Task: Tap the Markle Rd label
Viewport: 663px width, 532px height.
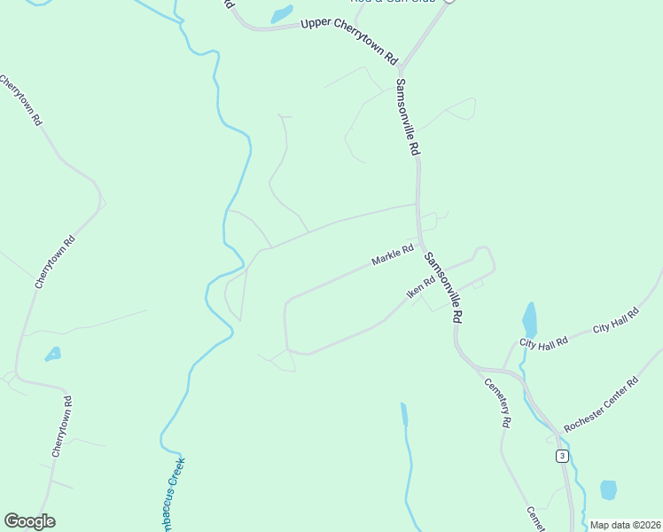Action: tap(393, 255)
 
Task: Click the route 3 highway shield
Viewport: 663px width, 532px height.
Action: tap(562, 456)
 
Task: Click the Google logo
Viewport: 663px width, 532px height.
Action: tap(29, 521)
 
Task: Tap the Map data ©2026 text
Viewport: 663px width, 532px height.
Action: tap(625, 525)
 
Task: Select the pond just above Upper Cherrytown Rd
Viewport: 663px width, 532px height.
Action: tap(282, 14)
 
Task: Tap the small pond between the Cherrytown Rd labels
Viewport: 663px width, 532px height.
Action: tap(53, 354)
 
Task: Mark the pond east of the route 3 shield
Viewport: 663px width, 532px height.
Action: tap(608, 489)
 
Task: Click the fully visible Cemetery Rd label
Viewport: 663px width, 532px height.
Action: tap(496, 403)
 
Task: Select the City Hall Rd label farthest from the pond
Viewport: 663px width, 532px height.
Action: tap(616, 321)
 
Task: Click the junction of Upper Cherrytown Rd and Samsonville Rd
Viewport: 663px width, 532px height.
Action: tap(401, 68)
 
